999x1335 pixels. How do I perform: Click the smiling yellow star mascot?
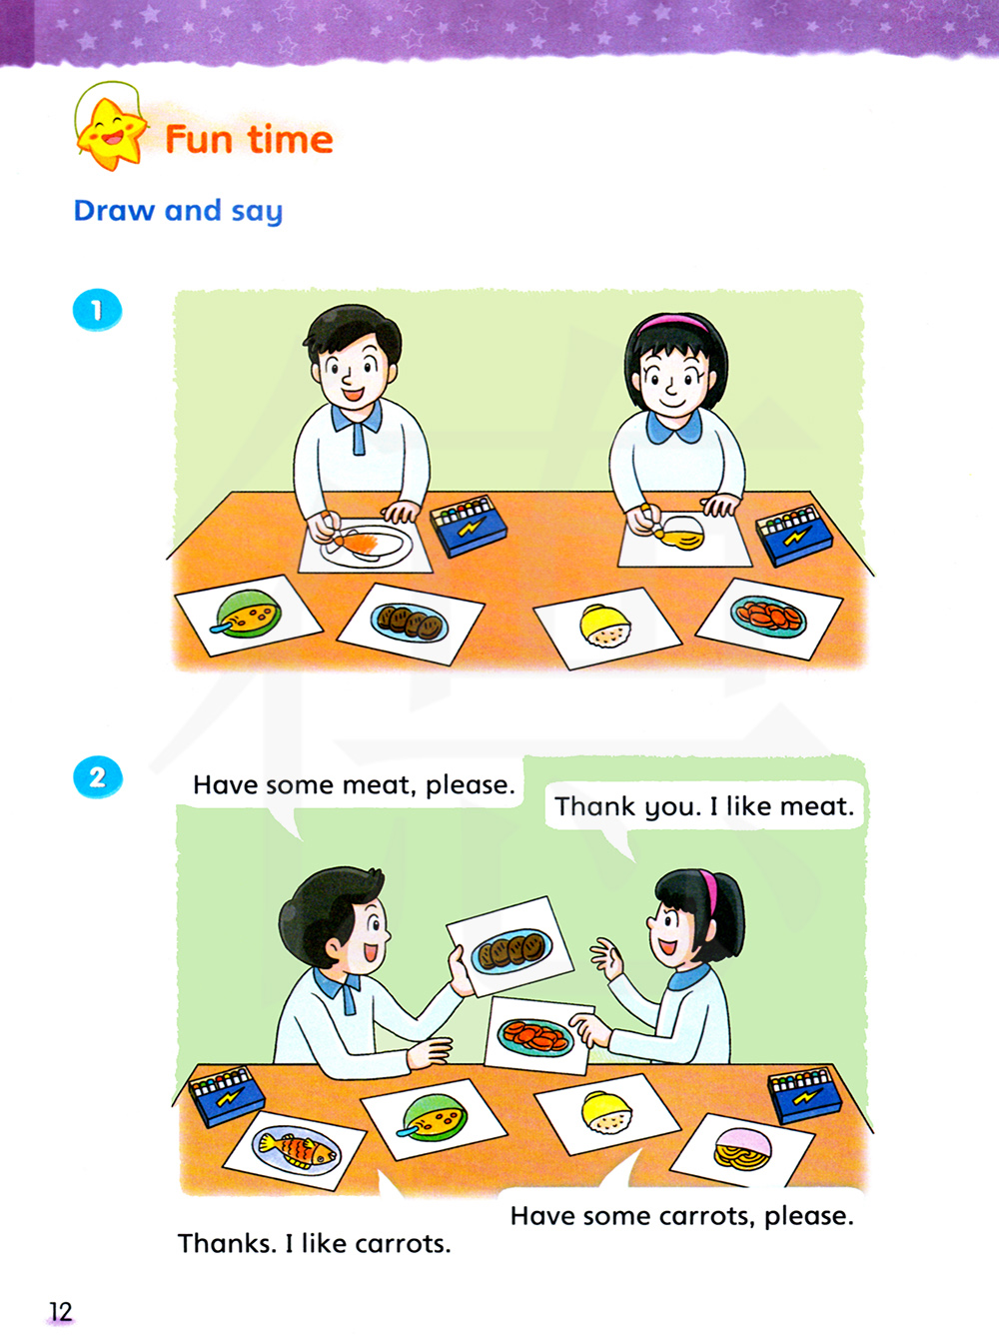(111, 133)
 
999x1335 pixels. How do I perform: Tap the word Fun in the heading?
(199, 140)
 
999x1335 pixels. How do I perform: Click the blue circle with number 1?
(97, 310)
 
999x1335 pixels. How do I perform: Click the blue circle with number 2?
(97, 776)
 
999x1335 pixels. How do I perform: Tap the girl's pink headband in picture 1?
(673, 323)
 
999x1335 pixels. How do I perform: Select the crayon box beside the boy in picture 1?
(469, 526)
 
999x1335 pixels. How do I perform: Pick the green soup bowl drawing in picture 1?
(249, 615)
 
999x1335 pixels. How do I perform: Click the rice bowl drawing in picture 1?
(605, 627)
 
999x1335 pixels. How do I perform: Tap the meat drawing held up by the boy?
(509, 947)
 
